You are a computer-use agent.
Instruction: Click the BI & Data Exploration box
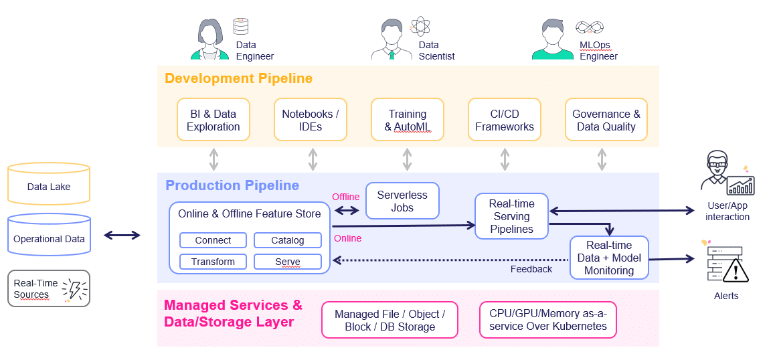pyautogui.click(x=213, y=120)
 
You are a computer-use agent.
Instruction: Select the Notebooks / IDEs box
pyautogui.click(x=311, y=120)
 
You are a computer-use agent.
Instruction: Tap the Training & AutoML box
pyautogui.click(x=408, y=120)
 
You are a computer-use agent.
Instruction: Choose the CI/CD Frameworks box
pyautogui.click(x=505, y=120)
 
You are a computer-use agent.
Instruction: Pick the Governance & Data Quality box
pyautogui.click(x=606, y=120)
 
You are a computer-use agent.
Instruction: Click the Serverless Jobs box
pyautogui.click(x=402, y=201)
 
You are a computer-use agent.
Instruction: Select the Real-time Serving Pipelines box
pyautogui.click(x=512, y=216)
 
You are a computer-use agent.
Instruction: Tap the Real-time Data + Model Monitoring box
pyautogui.click(x=609, y=258)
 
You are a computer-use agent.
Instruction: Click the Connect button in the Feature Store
pyautogui.click(x=213, y=240)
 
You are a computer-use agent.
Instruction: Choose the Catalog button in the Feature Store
pyautogui.click(x=288, y=240)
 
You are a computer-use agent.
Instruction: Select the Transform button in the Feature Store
pyautogui.click(x=213, y=262)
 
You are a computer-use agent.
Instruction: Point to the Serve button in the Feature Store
pyautogui.click(x=288, y=262)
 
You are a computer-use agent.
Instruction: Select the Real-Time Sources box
pyautogui.click(x=49, y=288)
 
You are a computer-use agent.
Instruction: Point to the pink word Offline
pyautogui.click(x=346, y=197)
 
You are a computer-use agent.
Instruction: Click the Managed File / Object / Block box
pyautogui.click(x=390, y=320)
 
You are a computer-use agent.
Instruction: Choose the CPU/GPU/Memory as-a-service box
pyautogui.click(x=548, y=320)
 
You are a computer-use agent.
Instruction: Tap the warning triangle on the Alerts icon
pyautogui.click(x=736, y=271)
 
